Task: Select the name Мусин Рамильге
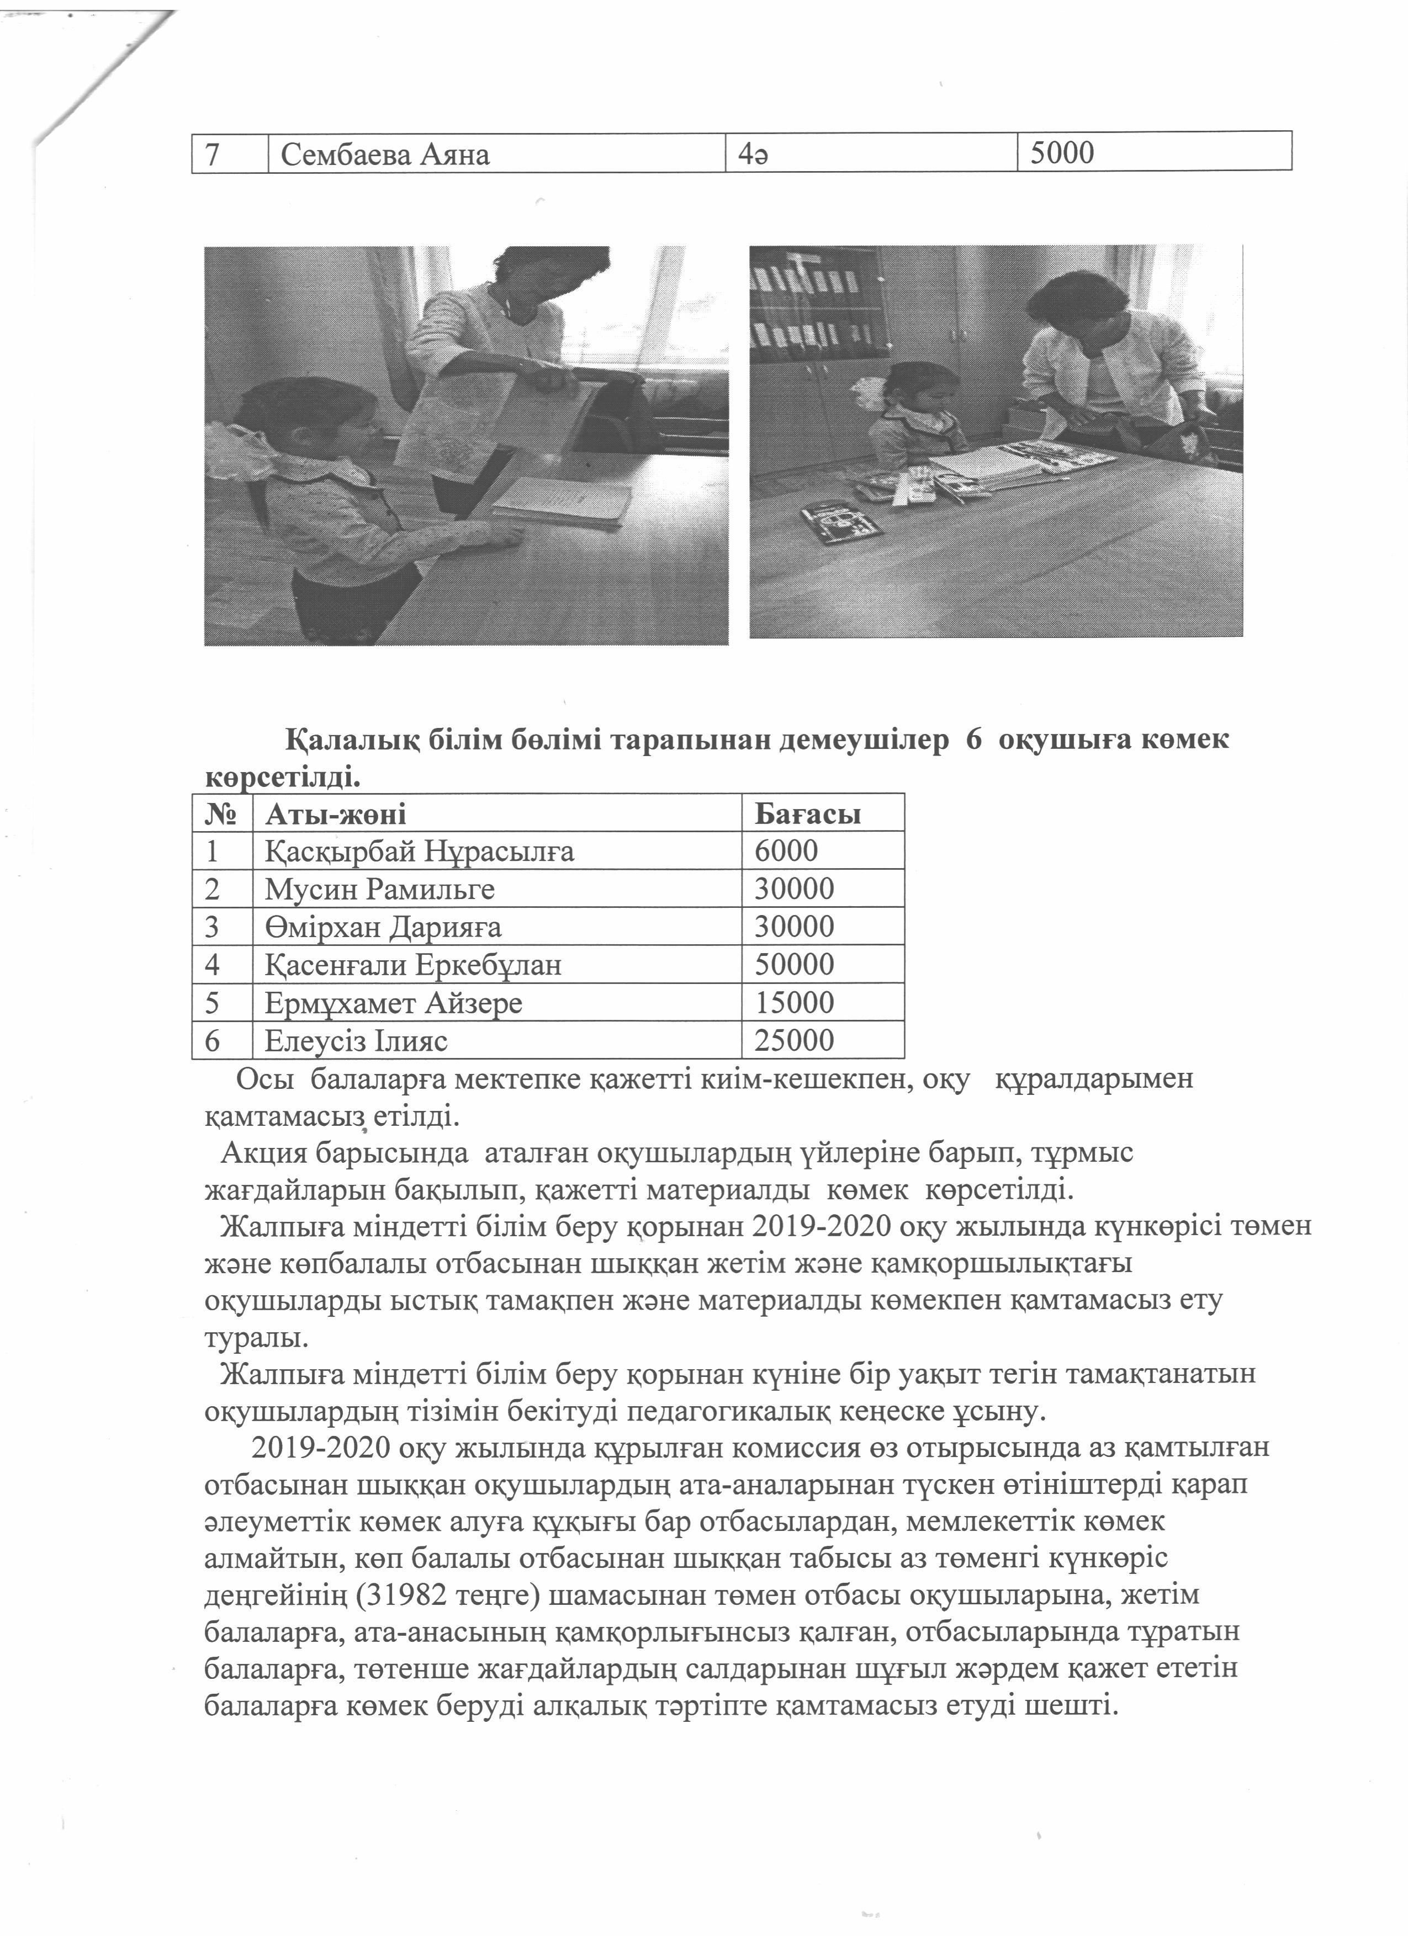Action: click(379, 890)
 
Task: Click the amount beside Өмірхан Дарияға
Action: click(794, 927)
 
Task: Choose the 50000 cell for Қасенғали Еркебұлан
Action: click(794, 965)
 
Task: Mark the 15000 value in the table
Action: click(794, 1003)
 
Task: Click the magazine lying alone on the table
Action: click(841, 522)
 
